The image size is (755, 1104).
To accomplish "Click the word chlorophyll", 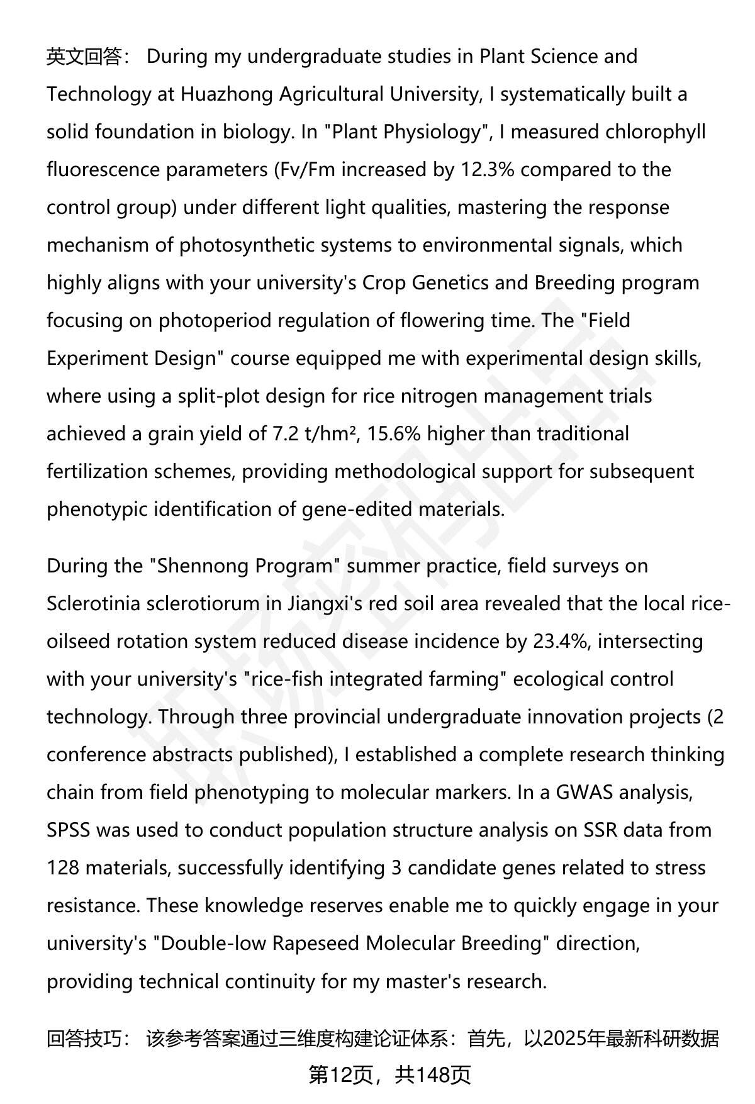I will pyautogui.click(x=655, y=132).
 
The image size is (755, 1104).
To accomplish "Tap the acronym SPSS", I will pyautogui.click(x=69, y=830).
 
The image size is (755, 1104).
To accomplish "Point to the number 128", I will pyautogui.click(x=63, y=868).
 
